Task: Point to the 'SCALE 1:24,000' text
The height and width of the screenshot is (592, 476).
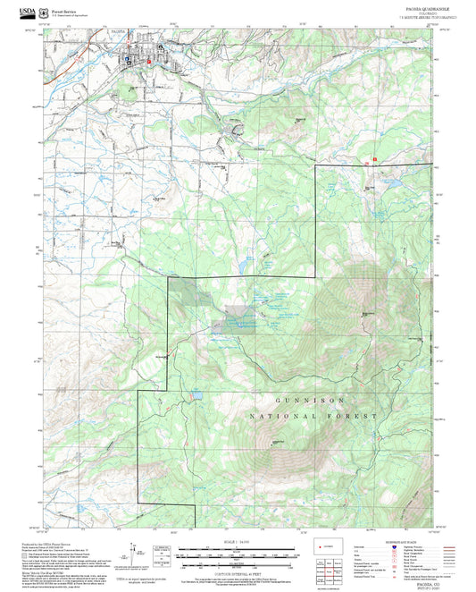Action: [x=237, y=540]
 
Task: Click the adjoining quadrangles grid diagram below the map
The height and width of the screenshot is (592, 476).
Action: [x=334, y=566]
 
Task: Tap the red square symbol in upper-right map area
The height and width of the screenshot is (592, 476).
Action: [x=375, y=158]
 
